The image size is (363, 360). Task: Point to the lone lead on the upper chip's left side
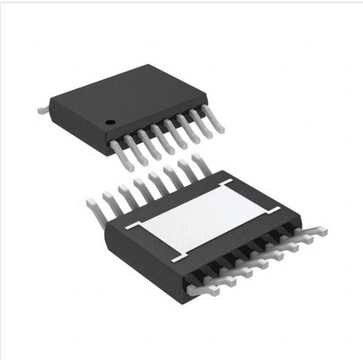[x=43, y=109]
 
